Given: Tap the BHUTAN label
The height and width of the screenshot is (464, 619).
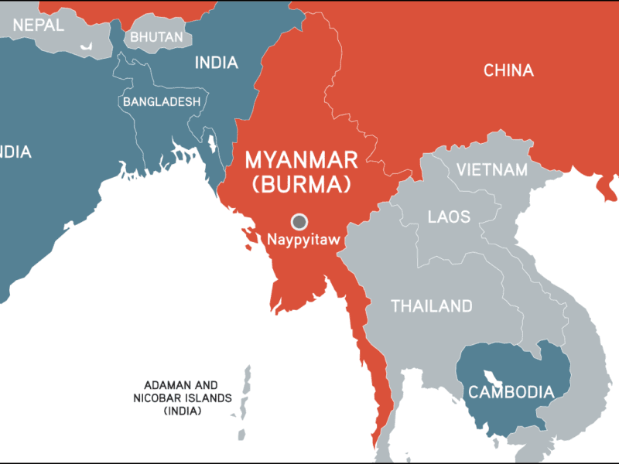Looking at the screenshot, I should (x=156, y=36).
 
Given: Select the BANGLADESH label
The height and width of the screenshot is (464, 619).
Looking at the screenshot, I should (x=161, y=101).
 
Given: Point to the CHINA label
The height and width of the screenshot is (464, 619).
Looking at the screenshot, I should (x=508, y=70).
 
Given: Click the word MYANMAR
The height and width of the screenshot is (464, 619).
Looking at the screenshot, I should (x=301, y=160).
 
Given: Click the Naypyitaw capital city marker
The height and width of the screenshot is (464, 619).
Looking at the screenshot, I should (x=299, y=220).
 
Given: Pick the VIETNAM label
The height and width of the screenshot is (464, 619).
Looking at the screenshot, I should (x=492, y=169).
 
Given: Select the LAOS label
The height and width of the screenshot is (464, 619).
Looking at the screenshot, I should (x=449, y=217).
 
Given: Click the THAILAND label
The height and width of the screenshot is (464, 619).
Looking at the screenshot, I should (x=431, y=306).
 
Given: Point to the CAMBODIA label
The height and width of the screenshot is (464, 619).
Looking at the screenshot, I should (x=511, y=392).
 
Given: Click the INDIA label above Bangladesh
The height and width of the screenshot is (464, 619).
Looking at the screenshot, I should (x=216, y=63).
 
